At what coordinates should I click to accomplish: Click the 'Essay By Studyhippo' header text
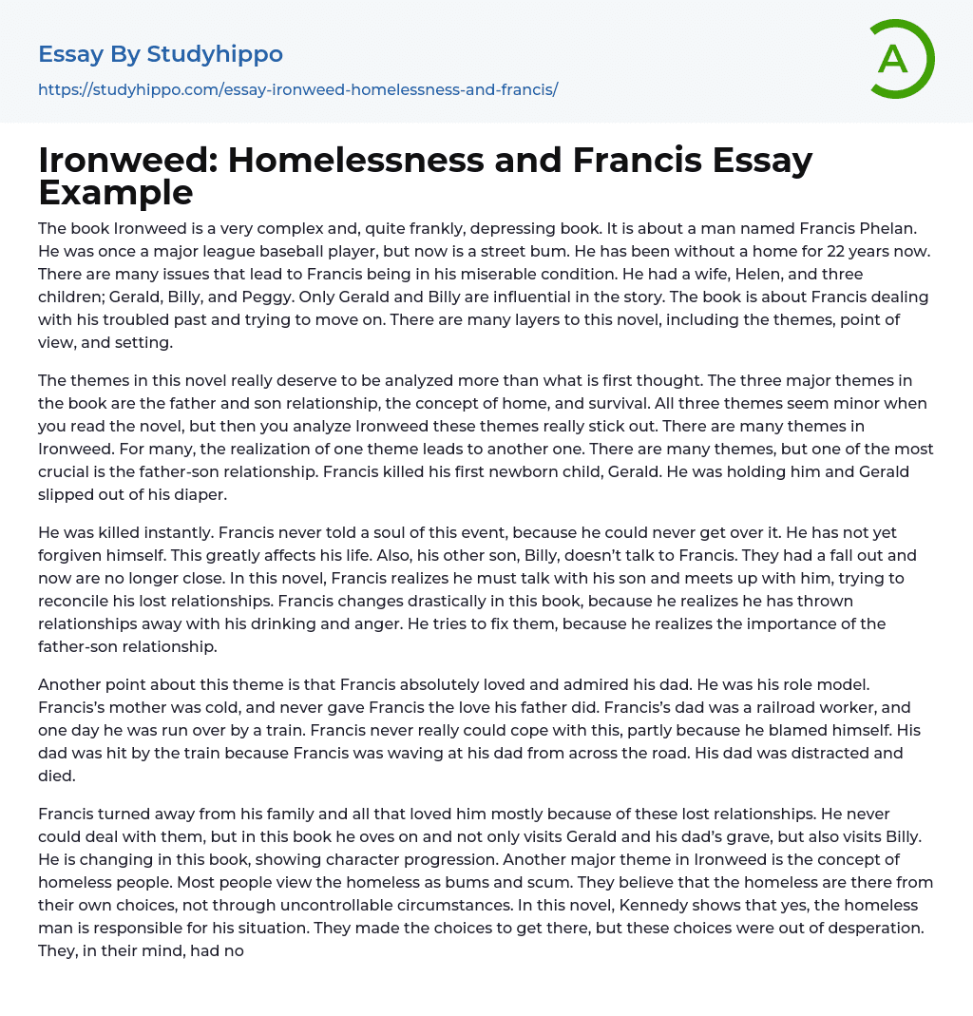[x=161, y=54]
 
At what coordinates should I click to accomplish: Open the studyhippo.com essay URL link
[x=297, y=89]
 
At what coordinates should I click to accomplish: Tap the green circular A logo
[x=893, y=59]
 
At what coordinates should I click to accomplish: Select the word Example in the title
[x=116, y=192]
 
